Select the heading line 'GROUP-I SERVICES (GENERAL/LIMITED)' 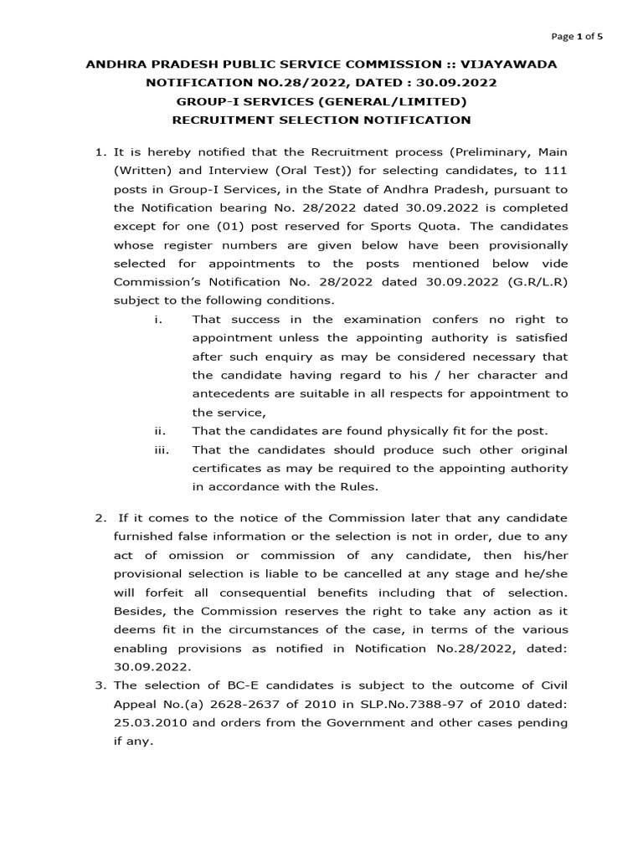click(321, 101)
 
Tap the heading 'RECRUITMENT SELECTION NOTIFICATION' click(321, 120)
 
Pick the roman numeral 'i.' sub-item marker click(157, 319)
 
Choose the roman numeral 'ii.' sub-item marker click(158, 431)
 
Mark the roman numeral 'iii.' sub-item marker click(161, 449)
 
